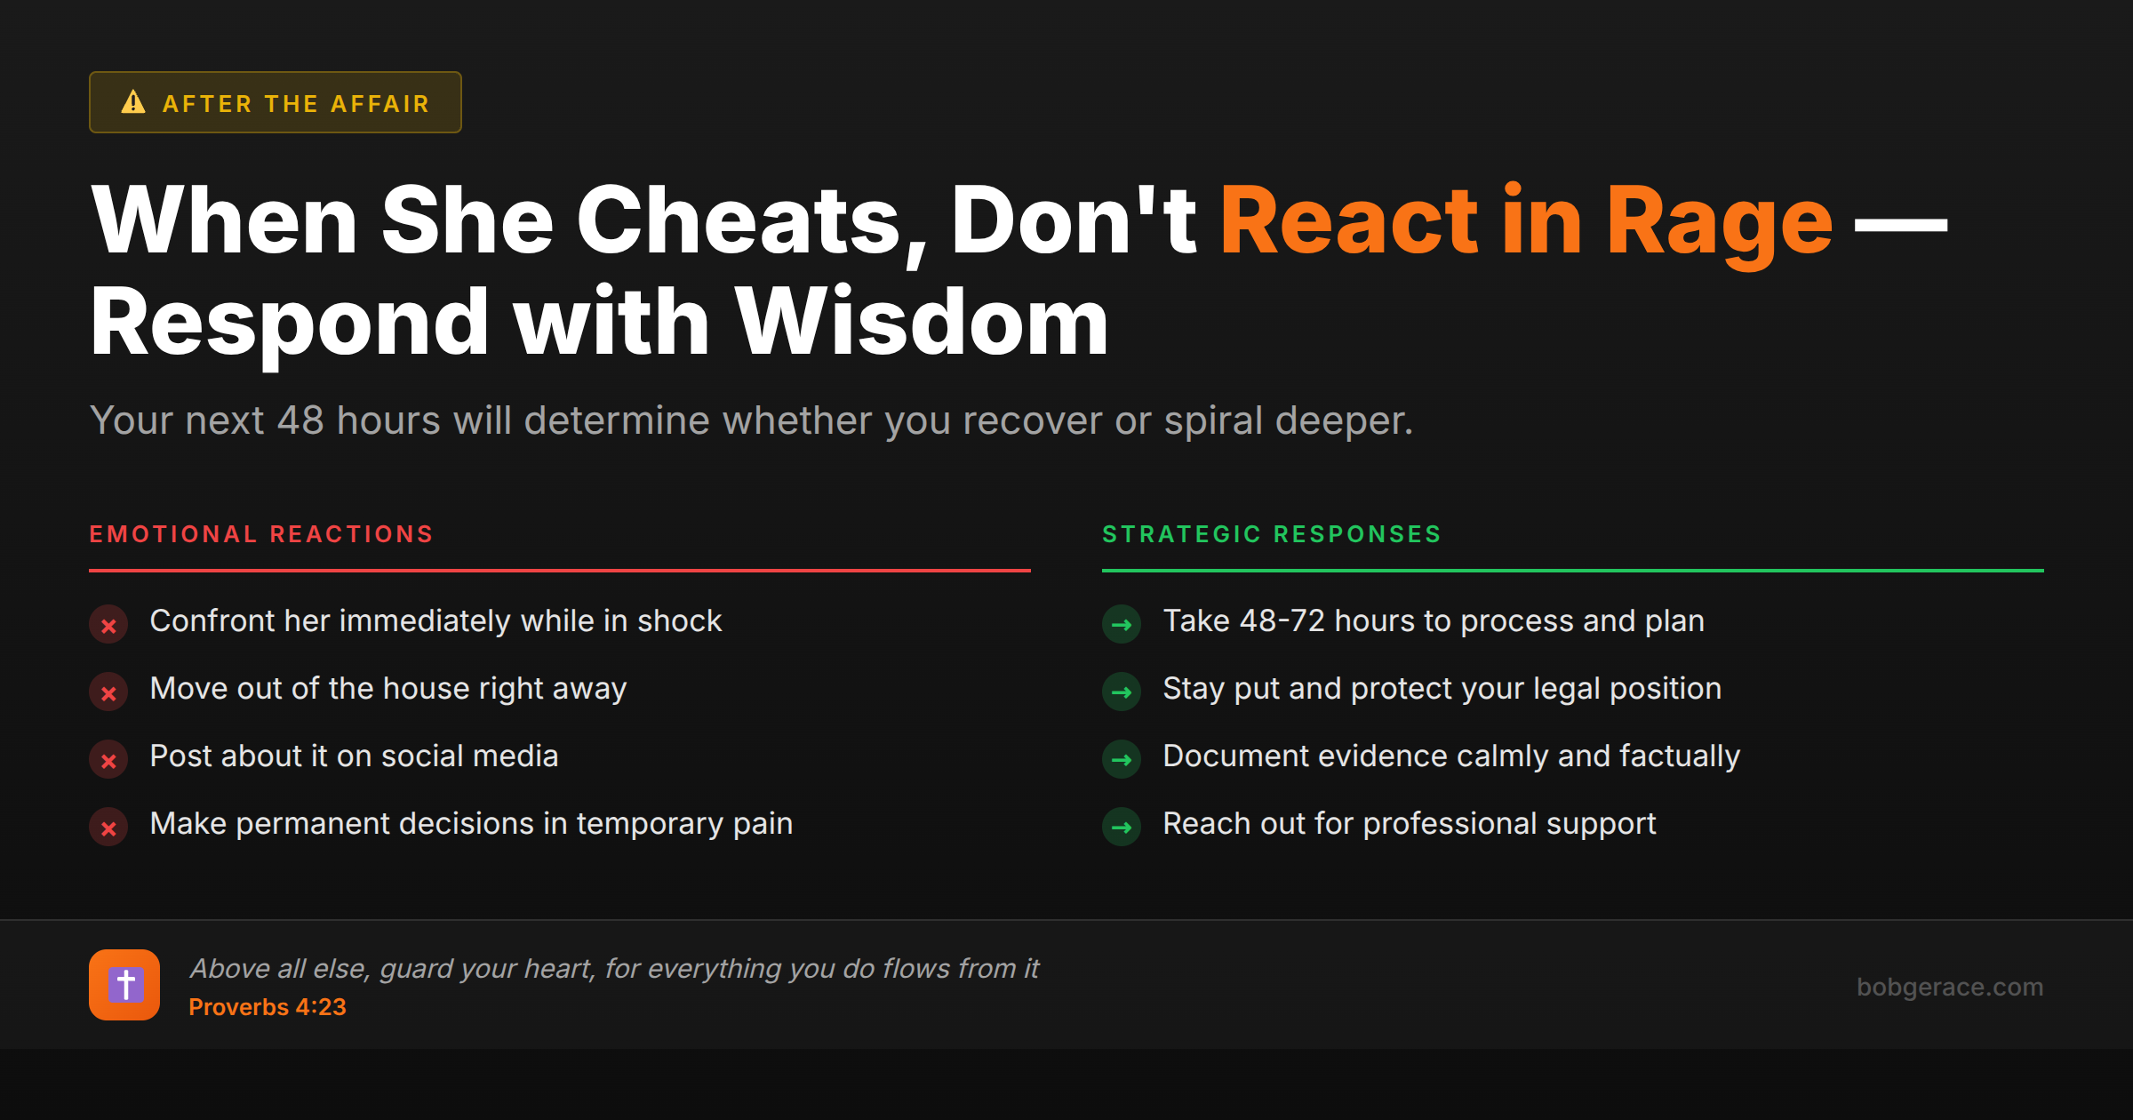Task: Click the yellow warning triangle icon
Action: point(133,102)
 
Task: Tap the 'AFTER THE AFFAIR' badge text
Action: point(297,104)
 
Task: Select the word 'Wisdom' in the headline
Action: point(922,322)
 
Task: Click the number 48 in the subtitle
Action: point(300,420)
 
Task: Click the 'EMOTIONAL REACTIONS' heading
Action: point(261,534)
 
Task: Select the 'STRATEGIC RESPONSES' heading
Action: point(1272,534)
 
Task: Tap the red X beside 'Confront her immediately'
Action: point(108,625)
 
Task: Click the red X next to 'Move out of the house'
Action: point(108,692)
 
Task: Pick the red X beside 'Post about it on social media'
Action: point(108,760)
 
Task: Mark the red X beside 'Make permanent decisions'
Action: point(108,828)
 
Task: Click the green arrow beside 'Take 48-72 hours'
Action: point(1122,625)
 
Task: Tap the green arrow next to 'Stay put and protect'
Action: point(1122,692)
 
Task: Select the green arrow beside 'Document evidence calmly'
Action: point(1122,760)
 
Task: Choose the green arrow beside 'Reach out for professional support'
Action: point(1122,828)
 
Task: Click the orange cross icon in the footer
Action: point(124,985)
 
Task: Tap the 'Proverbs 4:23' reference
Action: point(268,1007)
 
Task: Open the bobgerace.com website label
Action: point(1950,987)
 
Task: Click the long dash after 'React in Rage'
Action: point(1901,225)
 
